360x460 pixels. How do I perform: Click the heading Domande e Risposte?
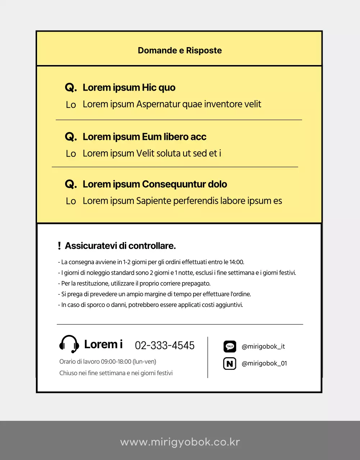point(180,50)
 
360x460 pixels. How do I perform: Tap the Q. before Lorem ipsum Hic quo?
point(70,88)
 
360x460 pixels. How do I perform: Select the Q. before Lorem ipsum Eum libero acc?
point(70,137)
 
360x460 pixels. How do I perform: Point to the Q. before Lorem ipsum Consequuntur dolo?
point(70,184)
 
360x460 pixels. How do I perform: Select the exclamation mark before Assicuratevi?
point(59,246)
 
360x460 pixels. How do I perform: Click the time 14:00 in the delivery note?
point(236,262)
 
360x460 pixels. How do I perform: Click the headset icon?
point(69,344)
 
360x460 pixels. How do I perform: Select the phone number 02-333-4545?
point(165,345)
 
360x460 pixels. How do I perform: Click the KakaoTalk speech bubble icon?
point(230,346)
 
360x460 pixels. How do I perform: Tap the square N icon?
point(230,364)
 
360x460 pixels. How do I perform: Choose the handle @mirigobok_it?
point(263,346)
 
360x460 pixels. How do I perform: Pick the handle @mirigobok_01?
point(264,363)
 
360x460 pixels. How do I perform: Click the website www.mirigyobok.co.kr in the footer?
point(180,442)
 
